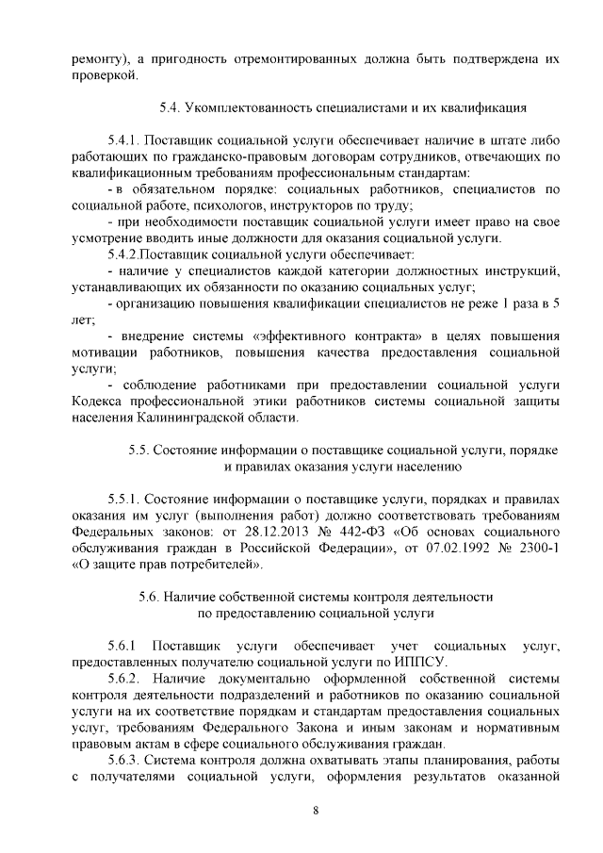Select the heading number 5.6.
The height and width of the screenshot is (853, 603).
coord(151,598)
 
